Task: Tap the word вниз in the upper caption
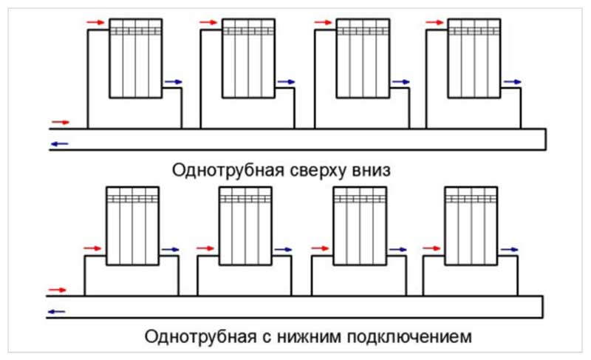[372, 170]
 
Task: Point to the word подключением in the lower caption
[409, 336]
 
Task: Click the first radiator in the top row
[136, 58]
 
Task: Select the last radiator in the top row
[474, 58]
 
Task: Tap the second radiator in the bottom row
[245, 225]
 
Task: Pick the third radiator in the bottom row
[360, 225]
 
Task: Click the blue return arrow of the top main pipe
[60, 143]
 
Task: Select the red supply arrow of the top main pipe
[61, 122]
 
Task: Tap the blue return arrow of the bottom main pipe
[57, 312]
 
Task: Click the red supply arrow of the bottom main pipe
[58, 290]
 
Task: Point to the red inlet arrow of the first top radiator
[95, 22]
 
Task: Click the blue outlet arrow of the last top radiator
[513, 82]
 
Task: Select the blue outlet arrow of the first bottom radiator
[171, 249]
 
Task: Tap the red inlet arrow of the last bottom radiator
[432, 248]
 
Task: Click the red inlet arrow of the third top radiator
[324, 22]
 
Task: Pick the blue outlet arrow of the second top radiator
[287, 82]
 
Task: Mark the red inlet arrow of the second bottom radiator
[205, 248]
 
